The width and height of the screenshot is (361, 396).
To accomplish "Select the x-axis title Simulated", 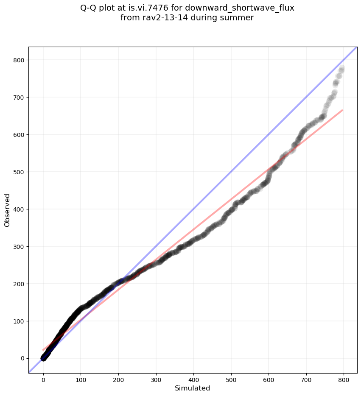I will pyautogui.click(x=193, y=388).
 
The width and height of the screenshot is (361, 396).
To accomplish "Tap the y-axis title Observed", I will pyautogui.click(x=7, y=210).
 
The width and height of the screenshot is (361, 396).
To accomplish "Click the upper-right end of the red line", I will pyautogui.click(x=342, y=110).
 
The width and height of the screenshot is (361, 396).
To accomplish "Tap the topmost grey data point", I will pyautogui.click(x=341, y=68).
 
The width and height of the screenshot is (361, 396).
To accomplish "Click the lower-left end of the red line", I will pyautogui.click(x=43, y=350).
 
